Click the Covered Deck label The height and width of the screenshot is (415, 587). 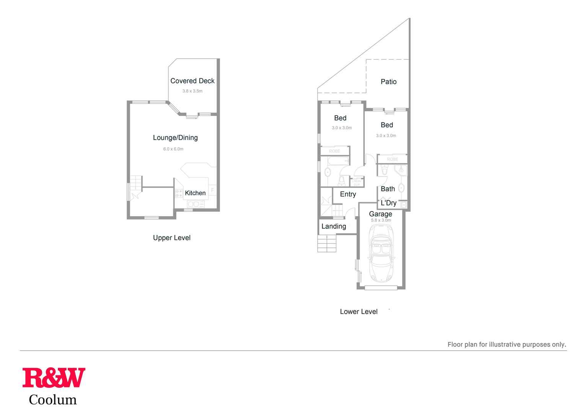click(192, 81)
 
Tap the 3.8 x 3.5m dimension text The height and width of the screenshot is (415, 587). click(192, 91)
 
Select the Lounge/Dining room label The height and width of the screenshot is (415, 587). click(175, 138)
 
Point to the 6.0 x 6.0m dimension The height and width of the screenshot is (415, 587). click(173, 149)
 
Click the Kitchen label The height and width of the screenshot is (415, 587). click(195, 193)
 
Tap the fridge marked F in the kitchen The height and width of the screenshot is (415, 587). click(212, 190)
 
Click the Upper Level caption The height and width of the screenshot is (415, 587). click(171, 238)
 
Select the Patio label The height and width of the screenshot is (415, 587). click(388, 81)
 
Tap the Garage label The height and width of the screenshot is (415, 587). click(380, 214)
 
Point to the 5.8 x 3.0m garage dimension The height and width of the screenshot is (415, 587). click(381, 220)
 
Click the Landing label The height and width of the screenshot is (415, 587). click(333, 226)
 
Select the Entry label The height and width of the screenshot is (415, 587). click(348, 194)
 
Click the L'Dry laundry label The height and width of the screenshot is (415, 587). click(388, 203)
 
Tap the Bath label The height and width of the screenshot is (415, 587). click(388, 189)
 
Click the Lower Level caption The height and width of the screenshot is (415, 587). click(359, 312)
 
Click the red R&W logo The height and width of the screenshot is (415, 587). click(54, 378)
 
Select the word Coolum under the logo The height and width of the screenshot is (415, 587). click(53, 400)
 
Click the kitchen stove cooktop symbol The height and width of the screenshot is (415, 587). click(179, 193)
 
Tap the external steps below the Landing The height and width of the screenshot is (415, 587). click(327, 244)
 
